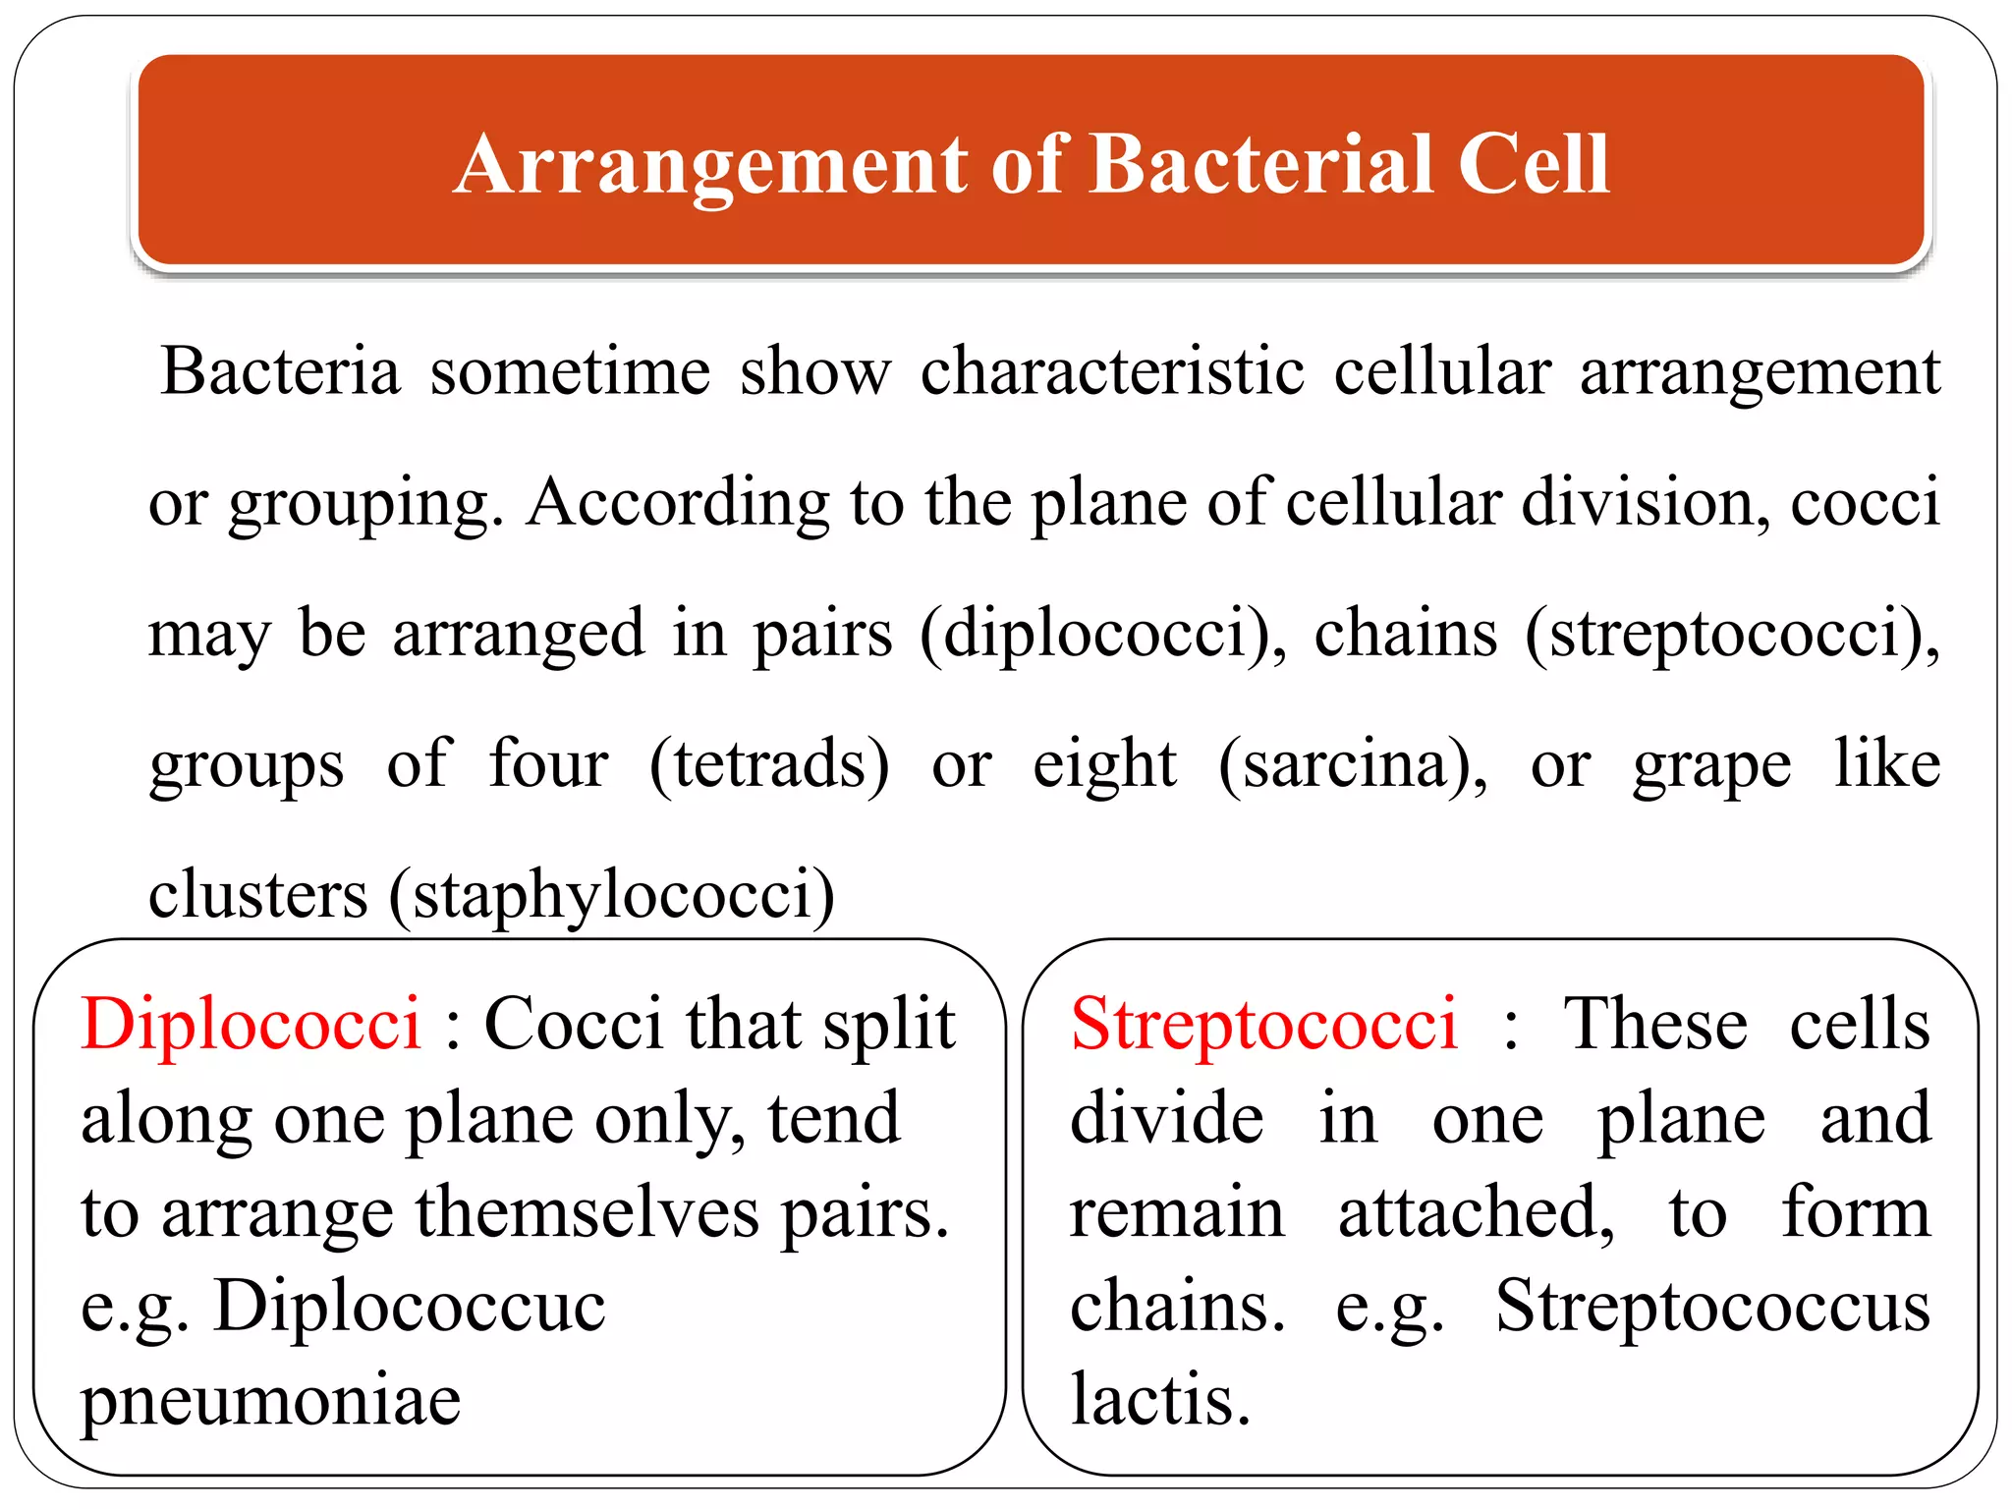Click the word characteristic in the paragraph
pyautogui.click(x=1112, y=371)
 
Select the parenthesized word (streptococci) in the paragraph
pyautogui.click(x=1732, y=634)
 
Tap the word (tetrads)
pyautogui.click(x=769, y=764)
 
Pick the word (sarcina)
pyautogui.click(x=1353, y=764)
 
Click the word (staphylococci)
pyautogui.click(x=611, y=895)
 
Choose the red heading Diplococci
pyautogui.click(x=251, y=1025)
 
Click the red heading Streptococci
pyautogui.click(x=1264, y=1025)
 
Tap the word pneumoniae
pyautogui.click(x=271, y=1401)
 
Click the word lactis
pyautogui.click(x=1159, y=1399)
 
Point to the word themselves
pyautogui.click(x=587, y=1213)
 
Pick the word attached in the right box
pyautogui.click(x=1476, y=1213)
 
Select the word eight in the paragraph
pyautogui.click(x=1104, y=764)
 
